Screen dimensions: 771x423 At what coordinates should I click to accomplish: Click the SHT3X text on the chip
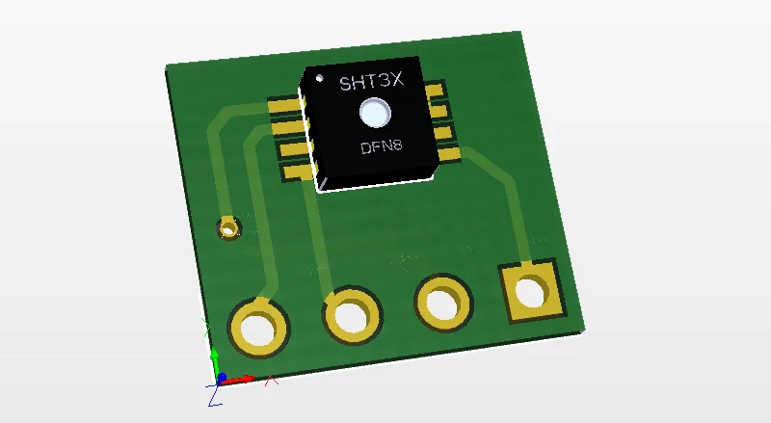(x=372, y=81)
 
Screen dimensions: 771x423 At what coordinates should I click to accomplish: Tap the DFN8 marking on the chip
(x=382, y=146)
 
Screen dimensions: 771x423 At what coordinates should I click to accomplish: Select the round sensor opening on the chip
(x=375, y=113)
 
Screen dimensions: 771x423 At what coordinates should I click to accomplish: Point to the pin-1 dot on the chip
(x=320, y=78)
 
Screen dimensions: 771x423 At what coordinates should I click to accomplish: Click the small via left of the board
(x=228, y=228)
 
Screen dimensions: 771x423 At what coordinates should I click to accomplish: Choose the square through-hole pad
(x=532, y=291)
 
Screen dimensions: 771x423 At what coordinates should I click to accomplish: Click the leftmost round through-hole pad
(x=258, y=328)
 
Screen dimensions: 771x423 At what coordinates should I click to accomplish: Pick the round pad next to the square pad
(x=443, y=302)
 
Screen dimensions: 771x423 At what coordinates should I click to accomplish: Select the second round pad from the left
(x=352, y=315)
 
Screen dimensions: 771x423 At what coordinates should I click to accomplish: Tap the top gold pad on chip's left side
(x=284, y=105)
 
